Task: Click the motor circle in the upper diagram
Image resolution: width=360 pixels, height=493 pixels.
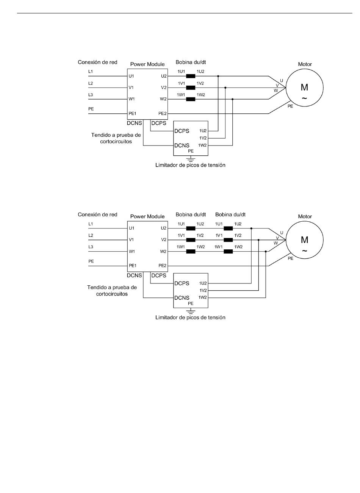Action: click(304, 88)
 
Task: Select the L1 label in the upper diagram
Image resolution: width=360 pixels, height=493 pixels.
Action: click(91, 72)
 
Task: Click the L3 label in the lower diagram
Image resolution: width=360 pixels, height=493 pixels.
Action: click(91, 247)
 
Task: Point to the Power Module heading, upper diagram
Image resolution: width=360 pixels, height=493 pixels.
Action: click(147, 64)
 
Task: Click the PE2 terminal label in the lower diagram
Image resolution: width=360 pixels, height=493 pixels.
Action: click(162, 266)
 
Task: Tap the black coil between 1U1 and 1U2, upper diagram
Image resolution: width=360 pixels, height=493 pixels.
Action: click(191, 76)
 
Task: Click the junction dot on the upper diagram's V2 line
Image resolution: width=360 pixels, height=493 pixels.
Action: click(225, 88)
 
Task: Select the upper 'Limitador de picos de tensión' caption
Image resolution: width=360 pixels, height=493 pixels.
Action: click(190, 165)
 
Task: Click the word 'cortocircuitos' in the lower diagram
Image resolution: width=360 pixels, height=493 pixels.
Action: click(112, 294)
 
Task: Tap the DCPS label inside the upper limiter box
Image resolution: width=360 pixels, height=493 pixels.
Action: click(182, 131)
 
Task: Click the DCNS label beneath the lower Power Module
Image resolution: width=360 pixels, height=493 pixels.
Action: click(135, 275)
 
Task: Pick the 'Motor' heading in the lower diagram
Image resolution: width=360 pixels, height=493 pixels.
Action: click(305, 217)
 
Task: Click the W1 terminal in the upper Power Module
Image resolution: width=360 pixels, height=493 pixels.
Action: click(131, 99)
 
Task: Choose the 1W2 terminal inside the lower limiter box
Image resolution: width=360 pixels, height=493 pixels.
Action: click(202, 297)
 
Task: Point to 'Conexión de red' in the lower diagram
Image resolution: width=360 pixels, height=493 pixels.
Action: click(97, 214)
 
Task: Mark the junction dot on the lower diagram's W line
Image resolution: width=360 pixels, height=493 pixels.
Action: click(266, 251)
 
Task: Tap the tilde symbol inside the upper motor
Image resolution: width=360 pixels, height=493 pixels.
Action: click(304, 98)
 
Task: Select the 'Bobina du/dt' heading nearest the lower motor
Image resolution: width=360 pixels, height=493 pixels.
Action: click(230, 214)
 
